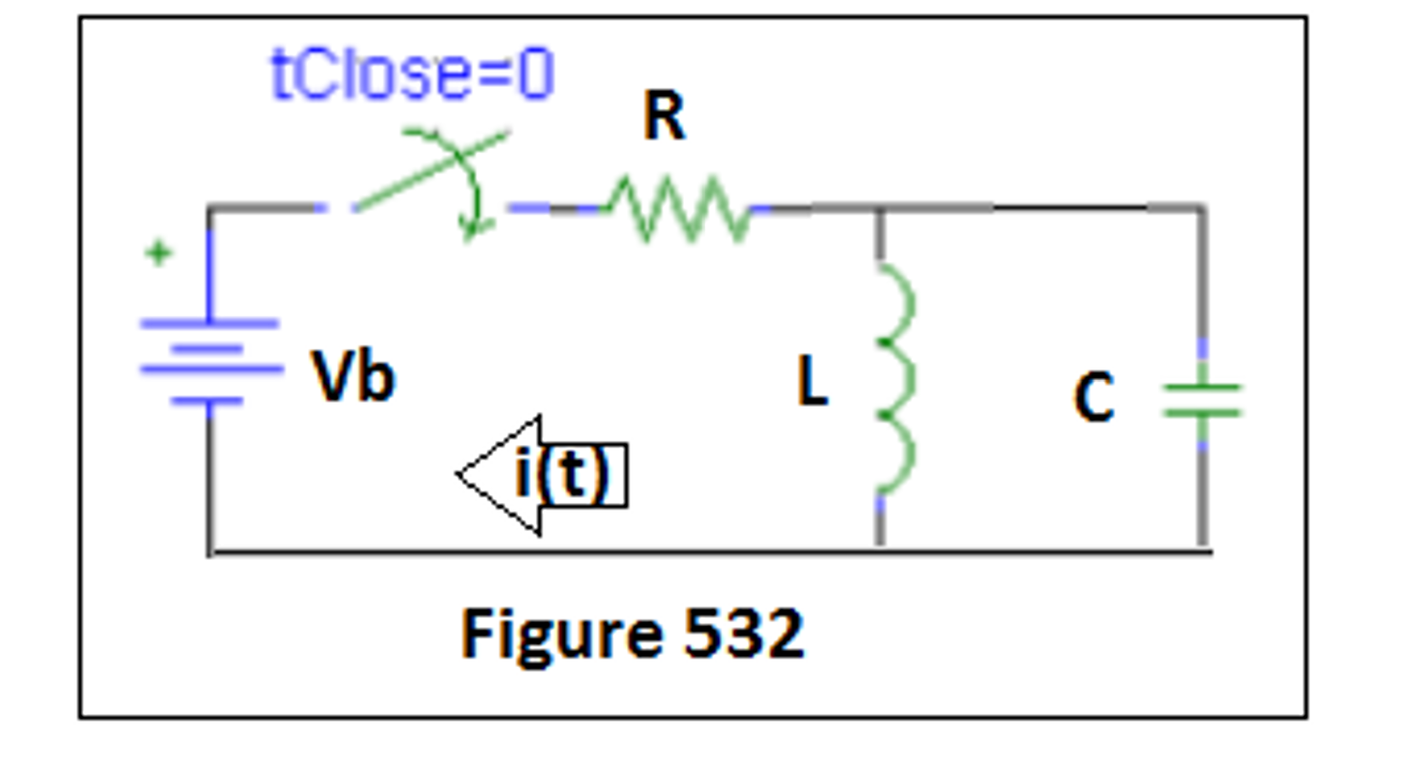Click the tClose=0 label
click(x=413, y=74)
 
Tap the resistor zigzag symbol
click(x=678, y=209)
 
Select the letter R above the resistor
click(x=664, y=116)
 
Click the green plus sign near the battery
click(x=158, y=253)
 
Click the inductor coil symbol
click(x=895, y=379)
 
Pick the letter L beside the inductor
click(x=812, y=381)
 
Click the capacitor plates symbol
click(x=1202, y=400)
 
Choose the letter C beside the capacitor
click(x=1094, y=397)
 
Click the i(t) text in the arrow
click(x=562, y=474)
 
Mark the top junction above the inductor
click(x=880, y=208)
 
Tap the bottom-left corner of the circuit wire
click(x=210, y=552)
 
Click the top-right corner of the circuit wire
click(x=1202, y=207)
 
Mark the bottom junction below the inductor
click(x=880, y=551)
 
